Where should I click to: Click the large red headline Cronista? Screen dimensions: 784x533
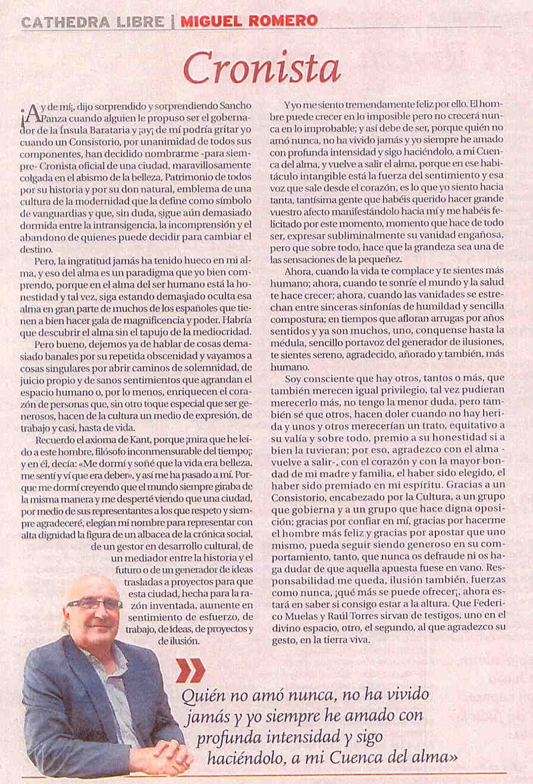262,68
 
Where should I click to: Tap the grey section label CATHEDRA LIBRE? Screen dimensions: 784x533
92,22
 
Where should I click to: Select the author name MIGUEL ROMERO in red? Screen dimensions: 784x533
249,21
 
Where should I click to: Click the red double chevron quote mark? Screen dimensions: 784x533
190,670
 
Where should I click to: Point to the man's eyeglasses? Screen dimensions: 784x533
95,604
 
